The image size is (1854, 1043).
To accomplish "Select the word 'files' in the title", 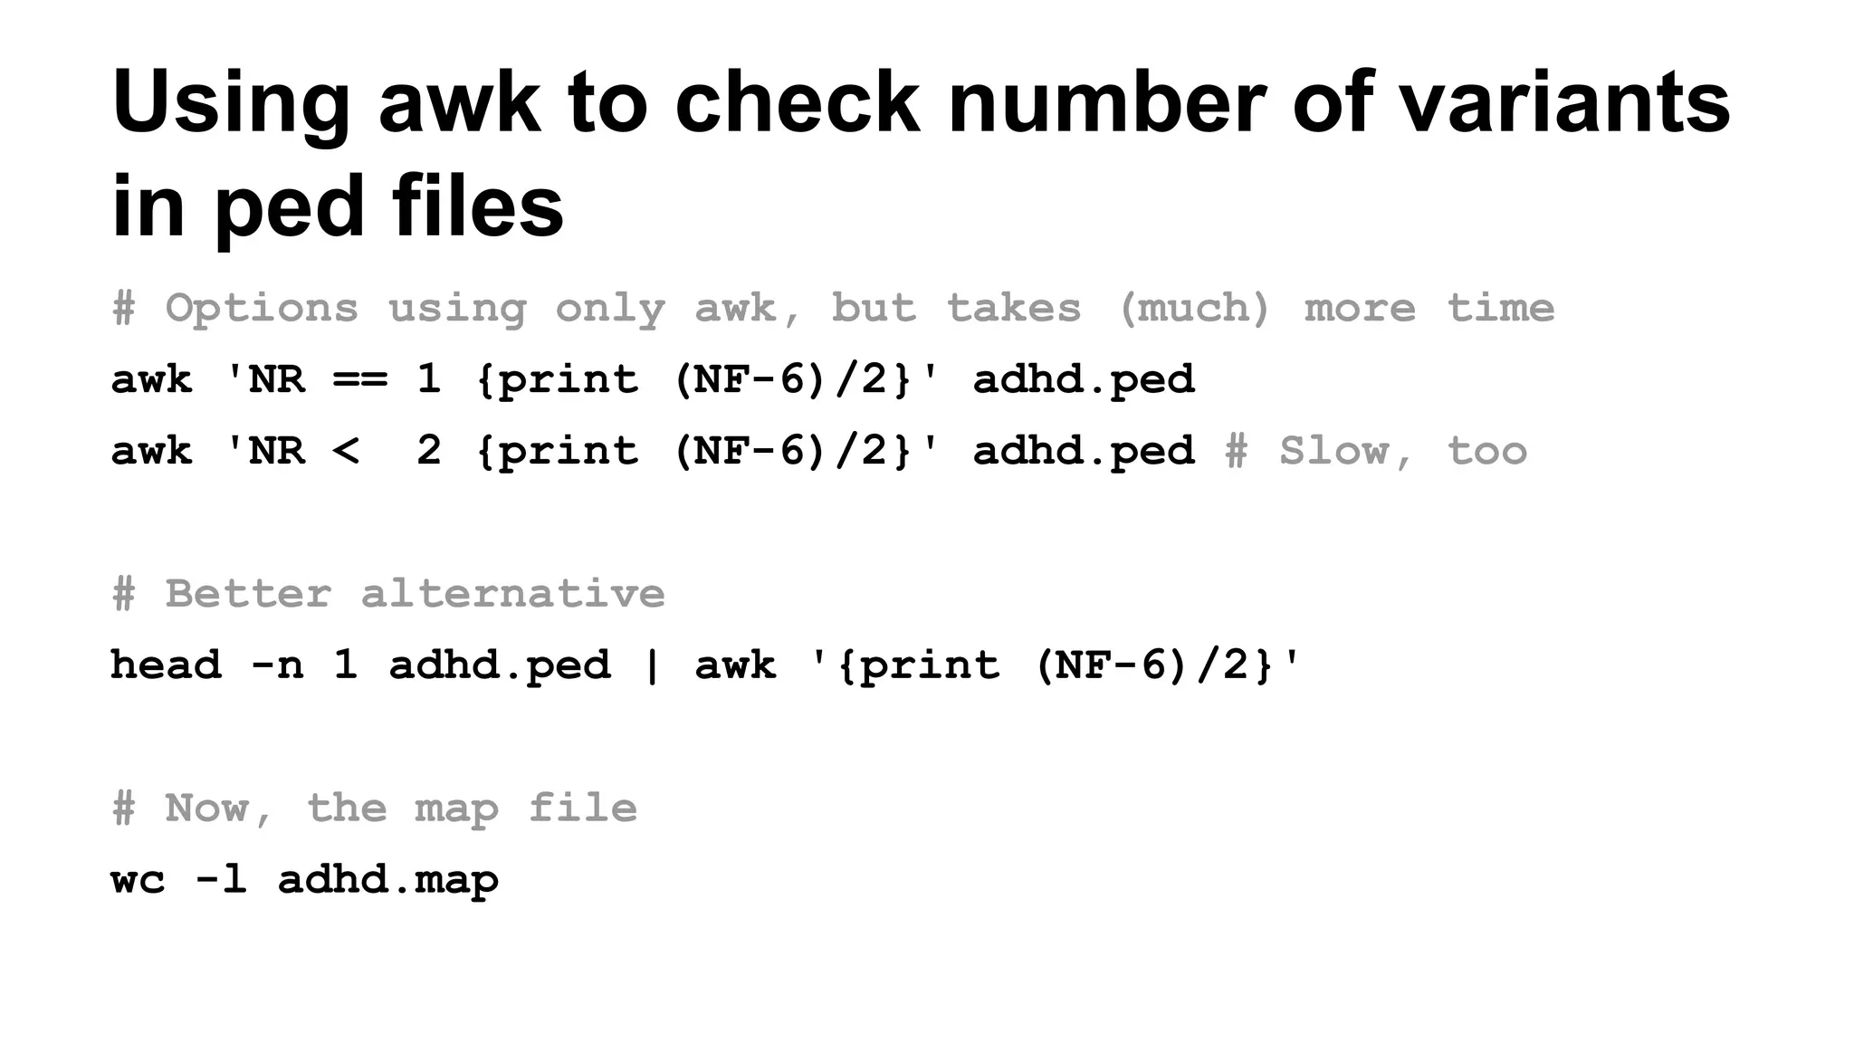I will [477, 206].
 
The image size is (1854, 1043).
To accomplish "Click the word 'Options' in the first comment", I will [262, 309].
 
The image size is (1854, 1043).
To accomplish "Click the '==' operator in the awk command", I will [360, 379].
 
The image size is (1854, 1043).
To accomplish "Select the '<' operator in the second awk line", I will [346, 451].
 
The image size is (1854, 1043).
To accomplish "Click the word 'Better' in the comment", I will [248, 594].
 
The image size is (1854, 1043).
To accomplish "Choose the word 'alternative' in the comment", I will [512, 594].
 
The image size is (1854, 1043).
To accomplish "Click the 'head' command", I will [166, 665].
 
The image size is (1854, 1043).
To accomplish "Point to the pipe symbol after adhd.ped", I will [652, 665].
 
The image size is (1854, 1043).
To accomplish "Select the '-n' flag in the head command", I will [277, 665].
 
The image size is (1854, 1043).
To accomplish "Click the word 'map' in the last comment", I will [456, 809].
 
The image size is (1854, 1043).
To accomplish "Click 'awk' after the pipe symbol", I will [735, 665].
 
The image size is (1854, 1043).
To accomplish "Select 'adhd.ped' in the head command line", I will [500, 665].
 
